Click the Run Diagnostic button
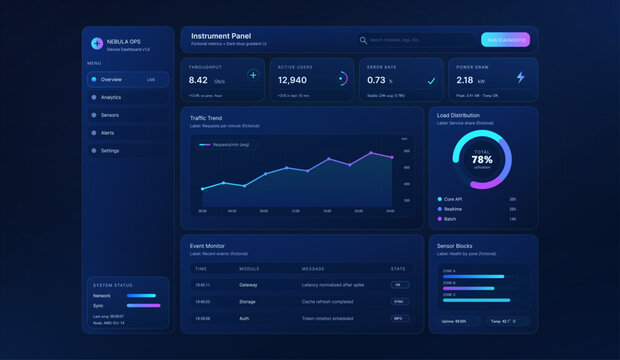click(x=504, y=40)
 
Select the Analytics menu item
click(x=111, y=97)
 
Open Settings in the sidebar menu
click(x=110, y=150)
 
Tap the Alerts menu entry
click(x=107, y=132)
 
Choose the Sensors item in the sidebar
click(x=110, y=115)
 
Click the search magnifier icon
click(x=363, y=40)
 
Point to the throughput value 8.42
click(x=199, y=80)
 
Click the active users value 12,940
click(x=292, y=80)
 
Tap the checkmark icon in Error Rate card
click(x=431, y=80)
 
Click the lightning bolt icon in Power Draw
click(x=520, y=77)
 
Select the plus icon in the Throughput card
click(x=253, y=75)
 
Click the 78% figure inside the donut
click(x=482, y=159)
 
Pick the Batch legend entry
click(x=451, y=218)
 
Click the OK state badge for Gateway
click(x=397, y=285)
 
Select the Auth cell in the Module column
click(x=245, y=318)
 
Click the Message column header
click(x=312, y=269)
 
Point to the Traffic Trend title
click(x=206, y=118)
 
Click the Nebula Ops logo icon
click(x=96, y=43)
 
